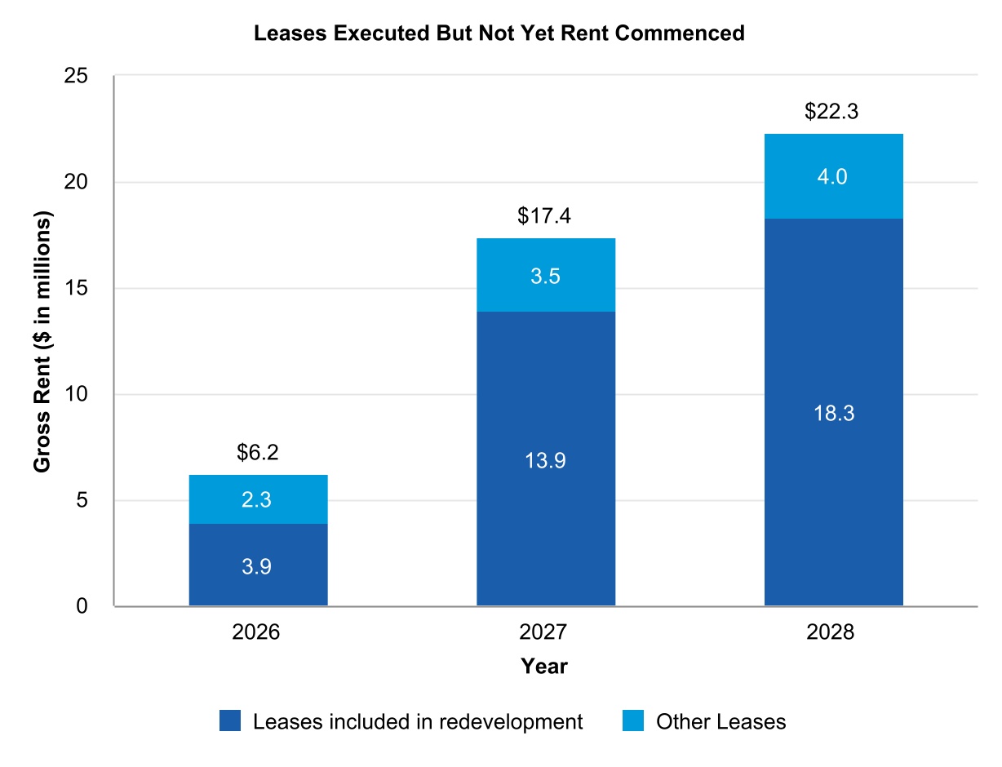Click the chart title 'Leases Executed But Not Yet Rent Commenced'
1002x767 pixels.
[499, 33]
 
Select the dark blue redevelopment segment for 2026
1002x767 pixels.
[258, 565]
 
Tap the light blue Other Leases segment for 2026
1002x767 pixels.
[258, 499]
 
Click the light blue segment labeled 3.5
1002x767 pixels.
[545, 275]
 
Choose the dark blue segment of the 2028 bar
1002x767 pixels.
[833, 412]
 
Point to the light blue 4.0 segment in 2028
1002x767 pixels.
[833, 176]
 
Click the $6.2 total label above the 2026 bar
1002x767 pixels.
[258, 453]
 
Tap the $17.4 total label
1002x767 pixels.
[545, 216]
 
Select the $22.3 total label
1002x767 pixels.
[833, 113]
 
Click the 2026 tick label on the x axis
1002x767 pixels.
[258, 633]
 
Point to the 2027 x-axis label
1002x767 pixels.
[545, 633]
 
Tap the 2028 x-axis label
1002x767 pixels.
[833, 633]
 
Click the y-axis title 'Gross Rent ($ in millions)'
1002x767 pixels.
[42, 342]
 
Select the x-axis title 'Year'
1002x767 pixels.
[544, 667]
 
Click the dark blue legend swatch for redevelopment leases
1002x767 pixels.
[230, 721]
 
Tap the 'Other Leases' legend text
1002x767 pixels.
[720, 721]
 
